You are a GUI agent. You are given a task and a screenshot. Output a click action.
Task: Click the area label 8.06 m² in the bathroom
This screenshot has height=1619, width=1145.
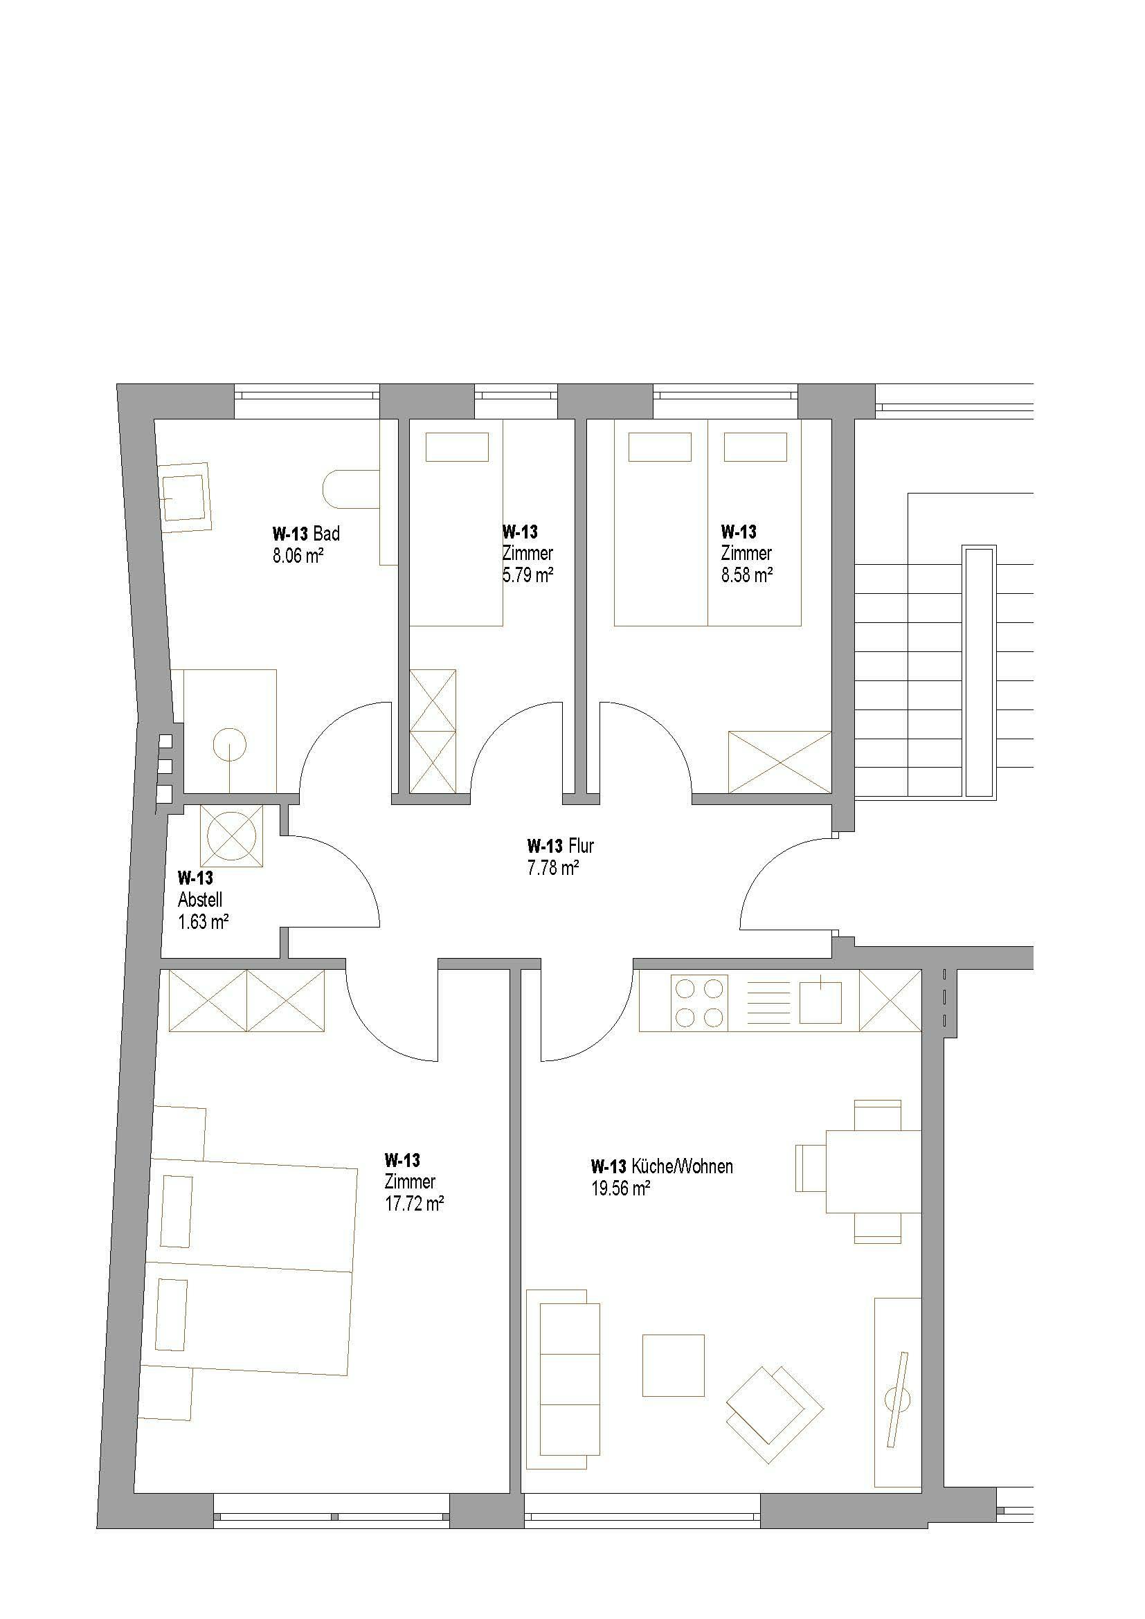click(x=298, y=556)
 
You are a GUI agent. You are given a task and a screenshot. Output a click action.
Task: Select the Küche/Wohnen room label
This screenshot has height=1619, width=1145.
click(x=662, y=1166)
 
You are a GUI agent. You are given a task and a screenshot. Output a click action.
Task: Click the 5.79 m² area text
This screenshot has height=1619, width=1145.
click(x=528, y=575)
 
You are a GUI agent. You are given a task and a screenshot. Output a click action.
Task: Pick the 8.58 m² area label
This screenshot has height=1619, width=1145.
click(x=747, y=575)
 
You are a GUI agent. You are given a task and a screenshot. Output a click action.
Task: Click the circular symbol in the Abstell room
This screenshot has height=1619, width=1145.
click(x=231, y=836)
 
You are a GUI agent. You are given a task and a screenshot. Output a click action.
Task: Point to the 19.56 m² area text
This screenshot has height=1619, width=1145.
click(x=620, y=1189)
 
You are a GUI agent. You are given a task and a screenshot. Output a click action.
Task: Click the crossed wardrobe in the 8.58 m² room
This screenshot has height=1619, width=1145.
click(x=779, y=762)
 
